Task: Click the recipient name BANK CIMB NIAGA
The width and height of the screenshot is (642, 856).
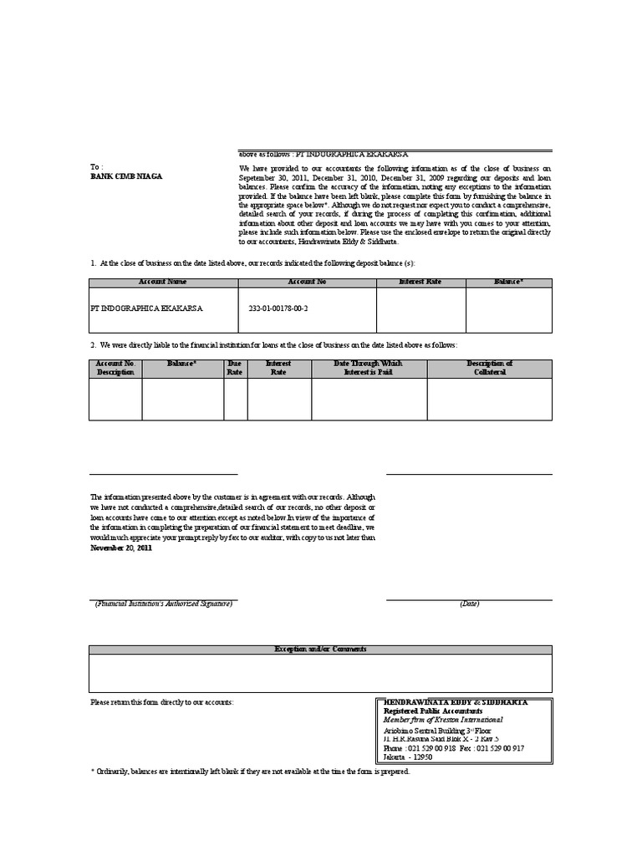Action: (127, 176)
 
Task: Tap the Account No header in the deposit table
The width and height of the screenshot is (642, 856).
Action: (307, 283)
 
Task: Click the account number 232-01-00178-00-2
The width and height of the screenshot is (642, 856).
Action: (278, 308)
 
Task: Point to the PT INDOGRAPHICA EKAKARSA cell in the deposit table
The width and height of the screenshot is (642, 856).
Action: (145, 308)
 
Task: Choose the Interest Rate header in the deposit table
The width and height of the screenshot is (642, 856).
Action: (421, 283)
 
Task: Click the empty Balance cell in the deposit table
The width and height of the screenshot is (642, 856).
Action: (509, 311)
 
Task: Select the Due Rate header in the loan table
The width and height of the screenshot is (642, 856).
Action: (235, 368)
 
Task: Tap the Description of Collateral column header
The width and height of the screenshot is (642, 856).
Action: (489, 368)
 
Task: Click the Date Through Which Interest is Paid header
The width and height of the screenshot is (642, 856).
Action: (368, 368)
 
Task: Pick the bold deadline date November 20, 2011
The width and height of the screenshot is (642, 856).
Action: (121, 548)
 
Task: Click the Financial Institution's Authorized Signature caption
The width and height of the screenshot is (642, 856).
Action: (163, 604)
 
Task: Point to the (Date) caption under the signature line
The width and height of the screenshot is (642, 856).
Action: (469, 604)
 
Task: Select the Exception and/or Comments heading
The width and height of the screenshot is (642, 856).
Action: (321, 650)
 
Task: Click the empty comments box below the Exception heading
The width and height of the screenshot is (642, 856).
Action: (321, 673)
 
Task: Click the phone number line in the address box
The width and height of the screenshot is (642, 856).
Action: (454, 748)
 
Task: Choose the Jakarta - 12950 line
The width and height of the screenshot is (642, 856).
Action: (407, 757)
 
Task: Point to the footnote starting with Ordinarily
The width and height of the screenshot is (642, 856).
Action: (251, 772)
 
